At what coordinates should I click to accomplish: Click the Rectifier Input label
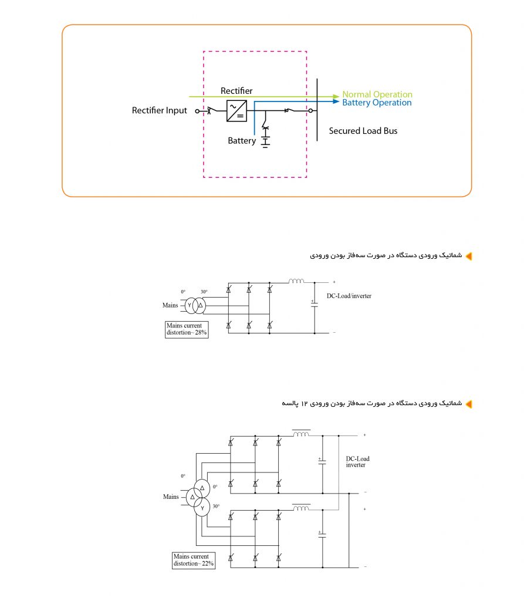tap(160, 110)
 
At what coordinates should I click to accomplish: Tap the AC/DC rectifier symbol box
tap(236, 110)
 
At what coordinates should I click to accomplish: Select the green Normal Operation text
tap(377, 94)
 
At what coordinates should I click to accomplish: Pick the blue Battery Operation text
tap(377, 103)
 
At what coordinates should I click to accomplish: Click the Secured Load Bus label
tap(363, 131)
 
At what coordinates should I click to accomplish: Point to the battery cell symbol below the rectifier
tap(265, 141)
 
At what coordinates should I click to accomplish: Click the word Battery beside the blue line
tap(242, 141)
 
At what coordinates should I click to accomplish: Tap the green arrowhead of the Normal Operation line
tap(336, 96)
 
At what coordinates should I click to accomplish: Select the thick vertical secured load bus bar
tap(317, 110)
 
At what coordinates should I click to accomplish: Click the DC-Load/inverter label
tap(349, 296)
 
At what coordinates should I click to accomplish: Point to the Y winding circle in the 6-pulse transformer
tap(190, 305)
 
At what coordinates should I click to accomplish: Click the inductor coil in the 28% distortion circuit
tap(296, 282)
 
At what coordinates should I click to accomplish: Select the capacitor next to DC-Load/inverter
tap(315, 303)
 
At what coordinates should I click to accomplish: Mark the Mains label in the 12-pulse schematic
tap(171, 497)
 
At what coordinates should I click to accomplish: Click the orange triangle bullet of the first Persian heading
tap(468, 256)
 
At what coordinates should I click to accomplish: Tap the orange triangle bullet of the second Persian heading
tap(468, 404)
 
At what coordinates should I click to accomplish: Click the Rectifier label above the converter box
tap(236, 91)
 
